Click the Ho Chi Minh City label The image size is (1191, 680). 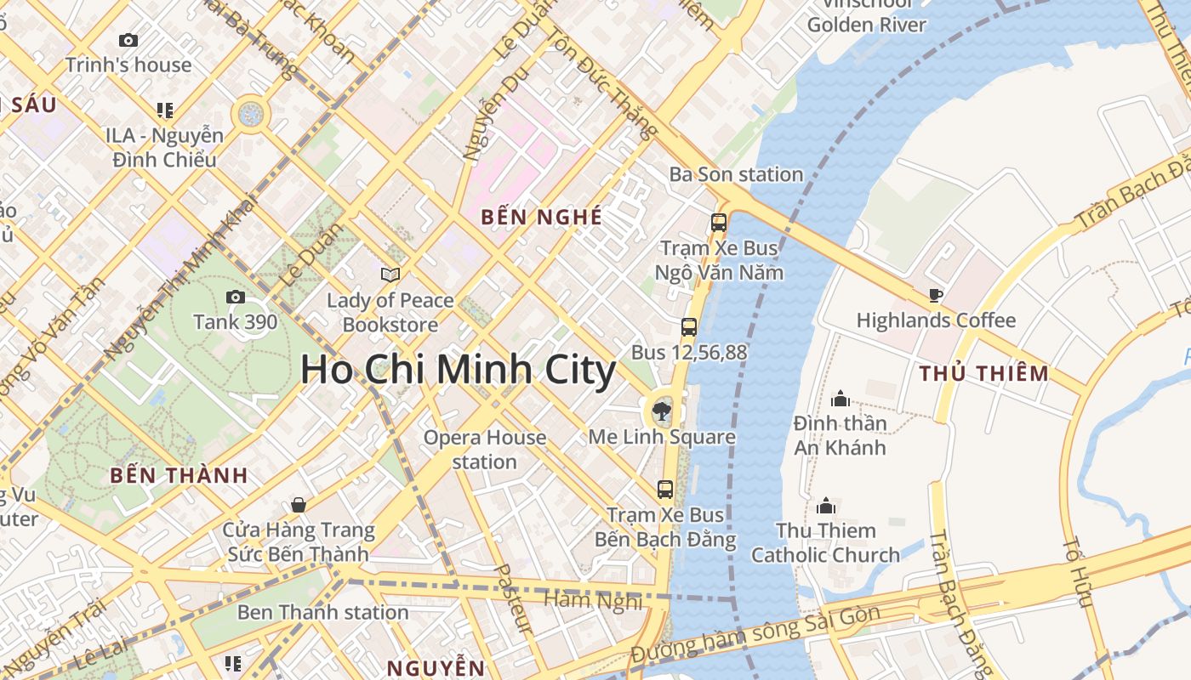point(458,371)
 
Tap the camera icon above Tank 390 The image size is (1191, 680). point(235,297)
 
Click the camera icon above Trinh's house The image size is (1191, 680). point(128,40)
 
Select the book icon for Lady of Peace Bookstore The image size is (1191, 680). point(390,275)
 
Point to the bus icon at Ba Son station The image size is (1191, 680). point(719,223)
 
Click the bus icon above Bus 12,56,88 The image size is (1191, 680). point(689,326)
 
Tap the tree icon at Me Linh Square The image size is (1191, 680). point(660,412)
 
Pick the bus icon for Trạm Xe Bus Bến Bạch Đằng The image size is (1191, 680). point(665,490)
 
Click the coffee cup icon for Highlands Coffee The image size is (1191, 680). point(936,295)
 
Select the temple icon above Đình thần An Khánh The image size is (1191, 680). point(841,398)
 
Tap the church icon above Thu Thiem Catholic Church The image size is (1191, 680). point(825,506)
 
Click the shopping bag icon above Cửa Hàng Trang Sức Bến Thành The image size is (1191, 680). point(299,505)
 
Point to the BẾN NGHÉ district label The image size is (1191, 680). point(541,218)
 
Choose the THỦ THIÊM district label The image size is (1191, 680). point(983,373)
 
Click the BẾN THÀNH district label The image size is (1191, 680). point(179,476)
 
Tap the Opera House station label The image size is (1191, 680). point(485,450)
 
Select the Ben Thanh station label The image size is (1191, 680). point(322,612)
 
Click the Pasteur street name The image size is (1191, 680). point(513,598)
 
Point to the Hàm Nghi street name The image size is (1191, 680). point(593,600)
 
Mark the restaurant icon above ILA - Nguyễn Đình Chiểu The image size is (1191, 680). point(164,110)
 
